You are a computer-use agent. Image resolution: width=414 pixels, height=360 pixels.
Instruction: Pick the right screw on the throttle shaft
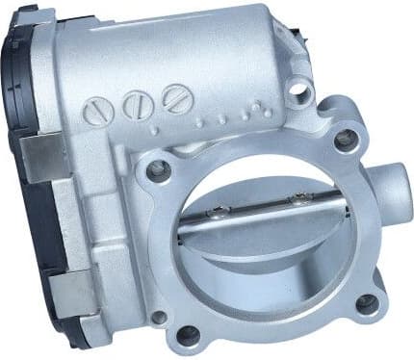pyautogui.click(x=301, y=199)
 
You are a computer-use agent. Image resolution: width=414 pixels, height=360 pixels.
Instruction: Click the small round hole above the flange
pyautogui.click(x=300, y=90)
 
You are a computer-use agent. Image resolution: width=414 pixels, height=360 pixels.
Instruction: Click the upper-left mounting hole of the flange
pyautogui.click(x=158, y=170)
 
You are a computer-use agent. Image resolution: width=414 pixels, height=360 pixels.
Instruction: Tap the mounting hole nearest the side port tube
pyautogui.click(x=344, y=140)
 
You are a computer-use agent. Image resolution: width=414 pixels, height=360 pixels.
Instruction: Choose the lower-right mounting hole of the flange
pyautogui.click(x=366, y=303)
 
